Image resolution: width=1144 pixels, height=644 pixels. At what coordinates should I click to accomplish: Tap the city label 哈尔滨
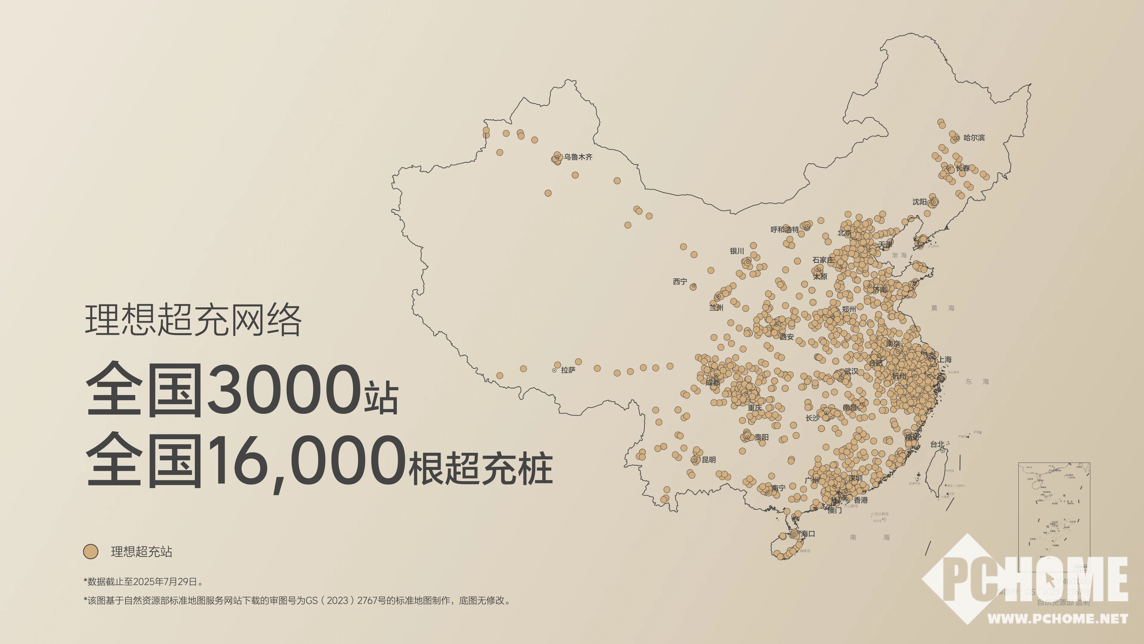974,138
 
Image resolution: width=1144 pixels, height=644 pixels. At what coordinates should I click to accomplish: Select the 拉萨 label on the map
568,370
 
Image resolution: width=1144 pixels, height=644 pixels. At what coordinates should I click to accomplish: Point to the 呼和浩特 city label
784,229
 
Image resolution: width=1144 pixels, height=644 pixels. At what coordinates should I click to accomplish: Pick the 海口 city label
808,534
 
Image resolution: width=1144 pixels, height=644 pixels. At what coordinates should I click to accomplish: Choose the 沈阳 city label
919,202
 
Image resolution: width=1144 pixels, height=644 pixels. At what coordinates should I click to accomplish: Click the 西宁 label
680,281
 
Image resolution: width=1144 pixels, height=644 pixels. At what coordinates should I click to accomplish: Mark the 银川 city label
737,251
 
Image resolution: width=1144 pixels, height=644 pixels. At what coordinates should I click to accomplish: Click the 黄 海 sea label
942,308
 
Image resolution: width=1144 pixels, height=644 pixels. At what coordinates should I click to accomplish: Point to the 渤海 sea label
899,255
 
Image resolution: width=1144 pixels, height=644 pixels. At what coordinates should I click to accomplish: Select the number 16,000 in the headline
307,462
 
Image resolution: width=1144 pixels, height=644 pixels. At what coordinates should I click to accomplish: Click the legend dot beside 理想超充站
91,552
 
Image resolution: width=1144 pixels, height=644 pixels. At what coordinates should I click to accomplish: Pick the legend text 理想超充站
141,552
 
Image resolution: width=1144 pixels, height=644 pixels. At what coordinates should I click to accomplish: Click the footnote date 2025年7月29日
165,581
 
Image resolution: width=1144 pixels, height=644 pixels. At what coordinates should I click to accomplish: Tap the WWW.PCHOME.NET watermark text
1057,618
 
